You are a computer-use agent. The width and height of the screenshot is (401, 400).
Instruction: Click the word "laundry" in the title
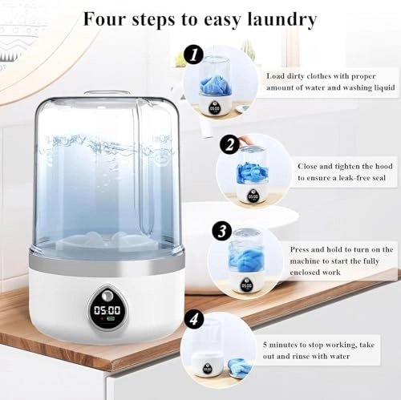pyautogui.click(x=282, y=20)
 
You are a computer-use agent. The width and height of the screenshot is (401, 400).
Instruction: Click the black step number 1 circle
pyautogui.click(x=193, y=55)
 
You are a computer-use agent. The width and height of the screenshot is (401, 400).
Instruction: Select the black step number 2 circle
pyautogui.click(x=229, y=145)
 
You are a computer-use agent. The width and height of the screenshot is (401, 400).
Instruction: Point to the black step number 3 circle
pyautogui.click(x=221, y=231)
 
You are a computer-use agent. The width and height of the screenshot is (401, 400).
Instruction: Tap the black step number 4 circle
pyautogui.click(x=194, y=318)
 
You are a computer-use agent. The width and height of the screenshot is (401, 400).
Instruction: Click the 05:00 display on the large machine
pyautogui.click(x=107, y=310)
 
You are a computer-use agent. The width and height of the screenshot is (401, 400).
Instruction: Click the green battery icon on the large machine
pyautogui.click(x=111, y=319)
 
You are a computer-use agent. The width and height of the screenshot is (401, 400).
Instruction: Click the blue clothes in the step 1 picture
pyautogui.click(x=216, y=85)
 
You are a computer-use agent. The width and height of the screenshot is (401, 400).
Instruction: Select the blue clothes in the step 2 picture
pyautogui.click(x=252, y=173)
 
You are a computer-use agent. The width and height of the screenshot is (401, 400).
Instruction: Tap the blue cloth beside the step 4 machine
pyautogui.click(x=239, y=369)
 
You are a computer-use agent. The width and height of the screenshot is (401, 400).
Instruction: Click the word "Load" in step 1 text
pyautogui.click(x=275, y=76)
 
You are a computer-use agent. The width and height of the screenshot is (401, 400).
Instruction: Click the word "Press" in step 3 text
pyautogui.click(x=299, y=249)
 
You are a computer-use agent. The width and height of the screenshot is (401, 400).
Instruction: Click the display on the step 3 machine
pyautogui.click(x=246, y=285)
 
